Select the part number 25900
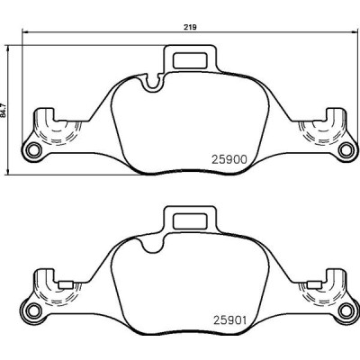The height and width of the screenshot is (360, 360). [229, 157]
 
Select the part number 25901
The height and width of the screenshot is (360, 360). [229, 319]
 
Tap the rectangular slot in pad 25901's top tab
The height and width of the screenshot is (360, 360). [189, 220]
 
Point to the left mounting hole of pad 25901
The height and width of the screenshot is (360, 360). [33, 311]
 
